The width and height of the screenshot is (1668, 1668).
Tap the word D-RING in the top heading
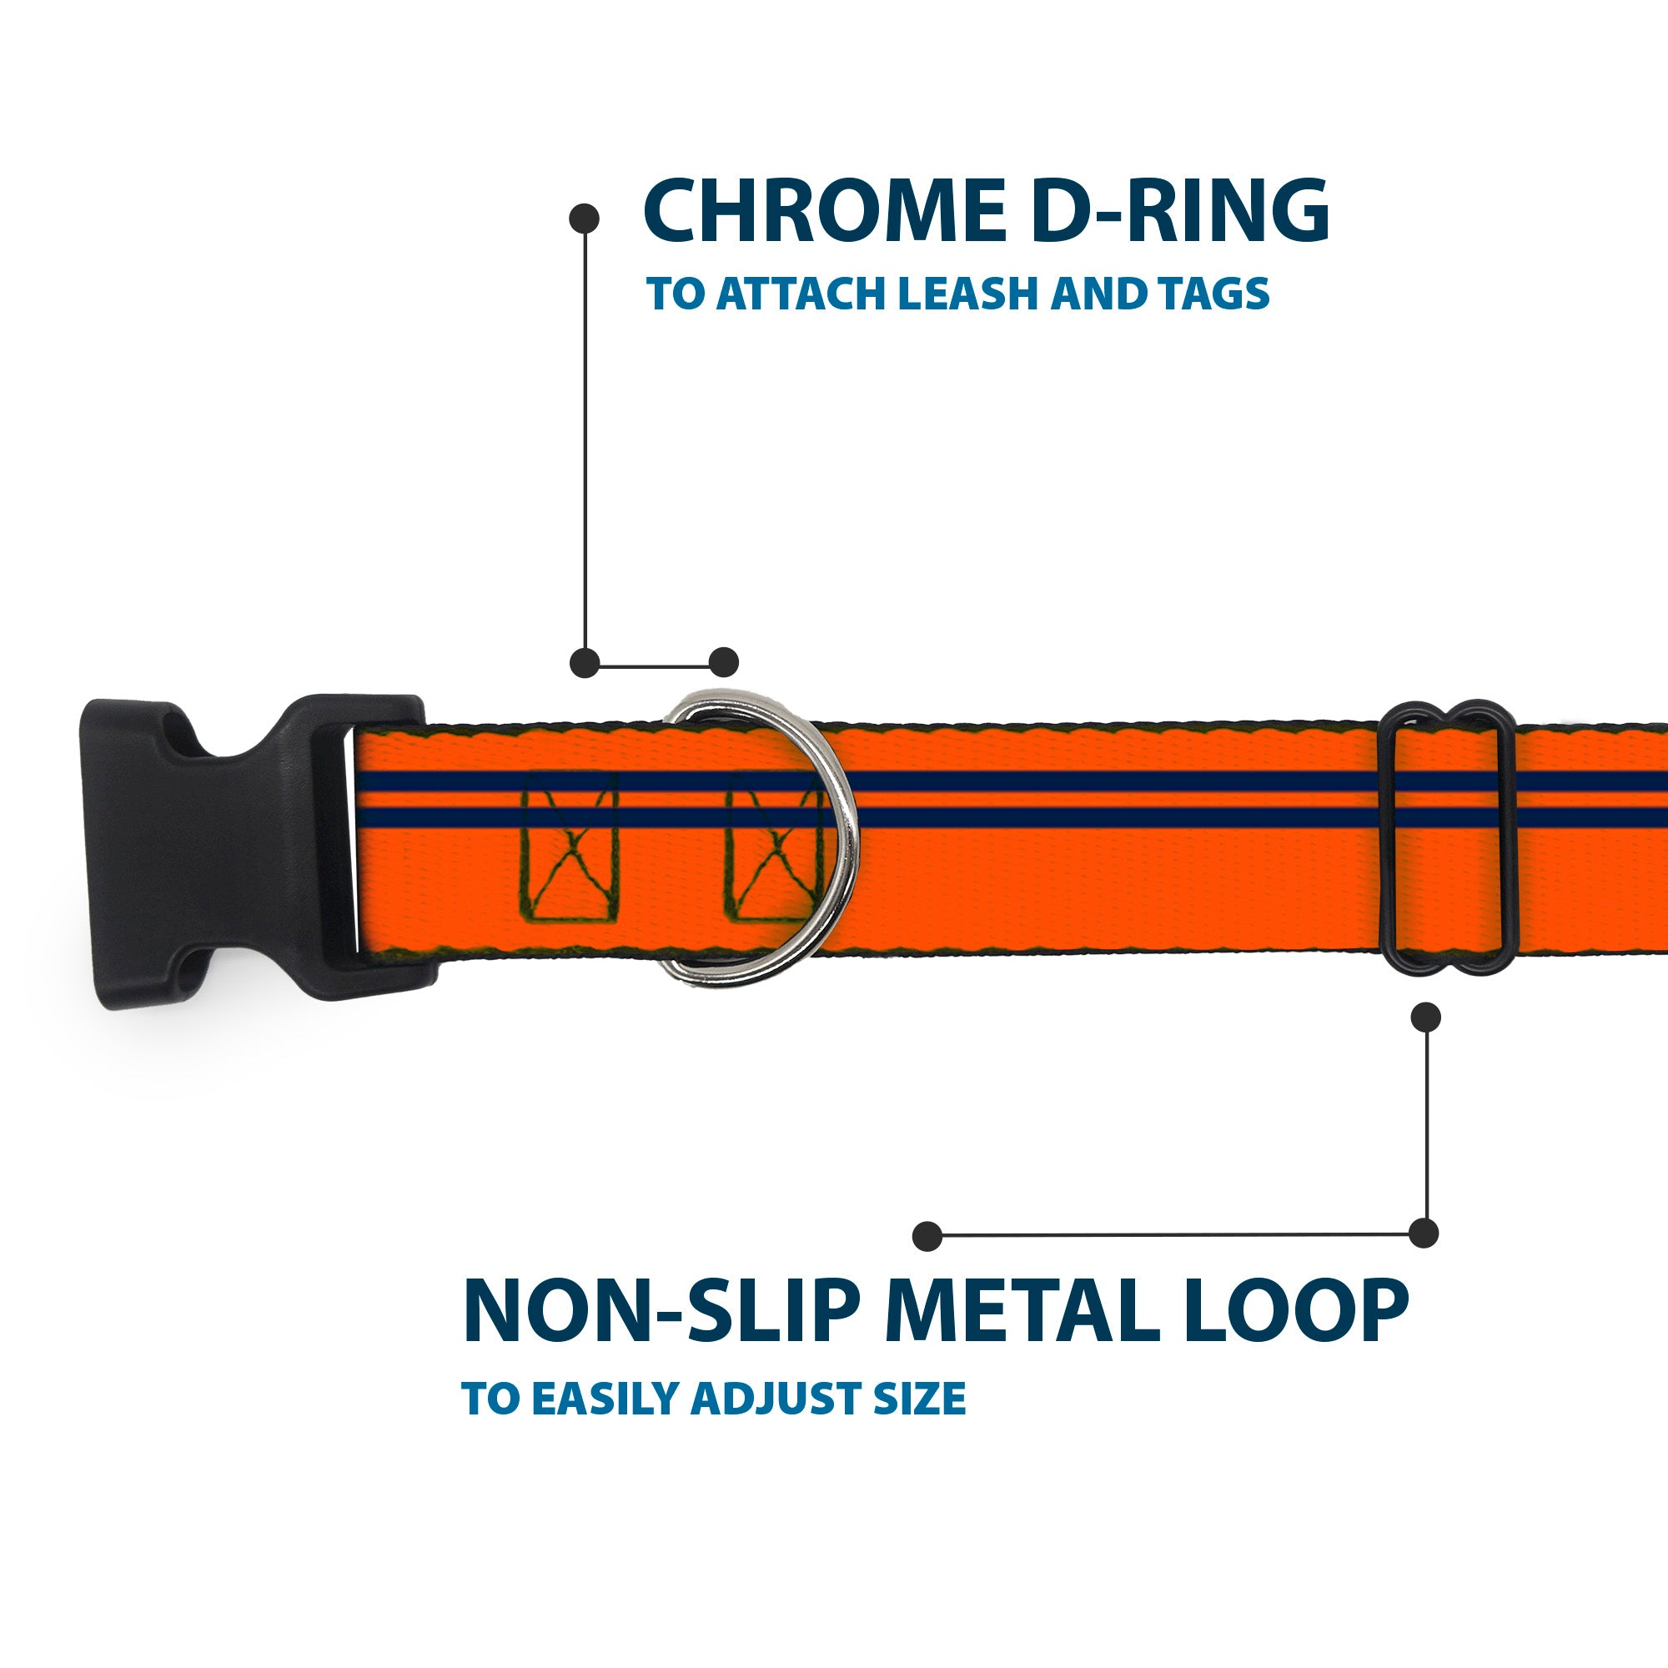(1180, 212)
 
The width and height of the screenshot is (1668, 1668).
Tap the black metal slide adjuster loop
(1447, 837)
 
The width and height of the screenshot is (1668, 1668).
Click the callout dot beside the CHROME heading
(585, 218)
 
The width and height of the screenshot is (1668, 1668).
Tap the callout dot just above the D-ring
(723, 662)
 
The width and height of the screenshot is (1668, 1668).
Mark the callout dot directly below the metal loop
(1425, 1017)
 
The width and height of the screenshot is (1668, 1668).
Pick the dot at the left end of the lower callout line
(927, 1235)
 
